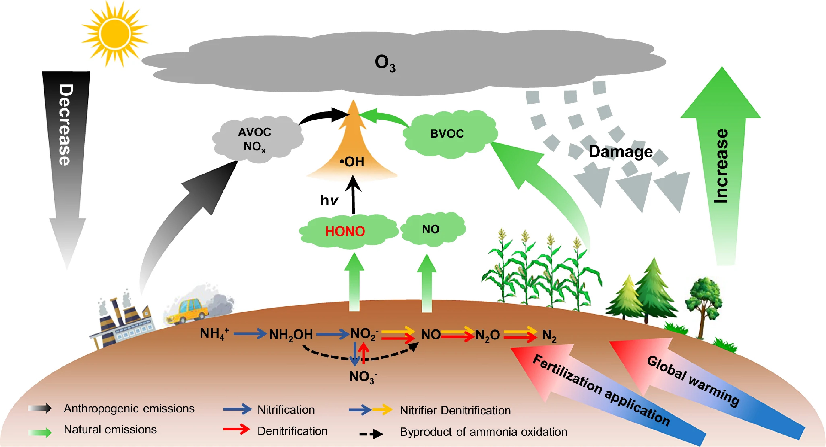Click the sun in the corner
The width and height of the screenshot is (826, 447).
point(114,34)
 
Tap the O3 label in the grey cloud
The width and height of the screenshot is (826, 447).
point(385,63)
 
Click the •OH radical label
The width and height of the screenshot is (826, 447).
point(352,162)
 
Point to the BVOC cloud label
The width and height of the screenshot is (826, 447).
point(447,134)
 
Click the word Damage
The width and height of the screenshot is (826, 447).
point(620,152)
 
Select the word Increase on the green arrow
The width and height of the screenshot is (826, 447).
point(721,166)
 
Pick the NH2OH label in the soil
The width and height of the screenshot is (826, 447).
point(291,335)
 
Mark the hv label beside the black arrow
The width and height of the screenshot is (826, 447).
point(329,201)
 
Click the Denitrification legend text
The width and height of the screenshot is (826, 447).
point(292,431)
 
